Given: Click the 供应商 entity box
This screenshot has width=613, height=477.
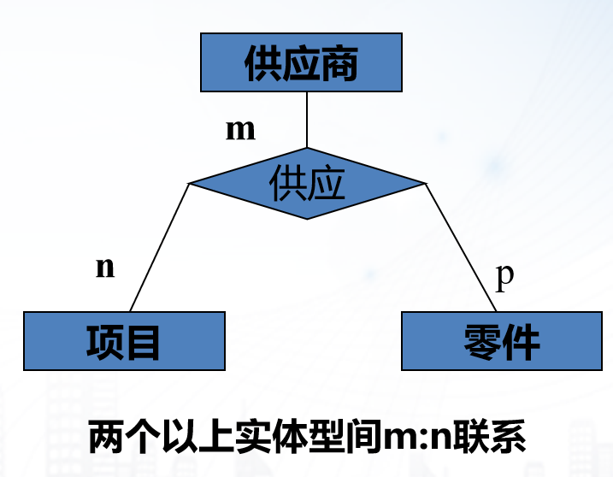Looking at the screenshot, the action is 300,62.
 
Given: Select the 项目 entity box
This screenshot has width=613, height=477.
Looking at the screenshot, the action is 124,340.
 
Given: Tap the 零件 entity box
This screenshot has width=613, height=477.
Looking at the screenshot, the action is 503,340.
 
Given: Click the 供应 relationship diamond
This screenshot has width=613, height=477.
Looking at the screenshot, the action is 307,183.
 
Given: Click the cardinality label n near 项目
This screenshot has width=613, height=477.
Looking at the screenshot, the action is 105,267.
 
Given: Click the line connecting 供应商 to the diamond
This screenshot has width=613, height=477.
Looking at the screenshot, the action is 306,119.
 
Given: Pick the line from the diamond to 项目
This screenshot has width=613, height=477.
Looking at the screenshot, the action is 159,247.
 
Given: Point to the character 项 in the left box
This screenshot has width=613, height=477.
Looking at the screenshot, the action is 105,340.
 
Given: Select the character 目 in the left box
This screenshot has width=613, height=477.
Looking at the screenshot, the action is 144,340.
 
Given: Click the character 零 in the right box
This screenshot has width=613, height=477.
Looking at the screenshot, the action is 484,340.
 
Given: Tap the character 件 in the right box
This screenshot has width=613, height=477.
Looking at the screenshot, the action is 522,340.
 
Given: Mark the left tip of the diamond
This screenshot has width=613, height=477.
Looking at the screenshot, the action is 190,183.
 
